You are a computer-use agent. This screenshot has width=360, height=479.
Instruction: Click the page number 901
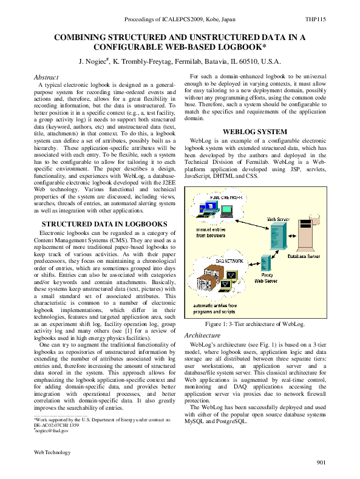(x=321, y=463)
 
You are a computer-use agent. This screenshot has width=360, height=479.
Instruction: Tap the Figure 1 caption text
(x=255, y=324)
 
